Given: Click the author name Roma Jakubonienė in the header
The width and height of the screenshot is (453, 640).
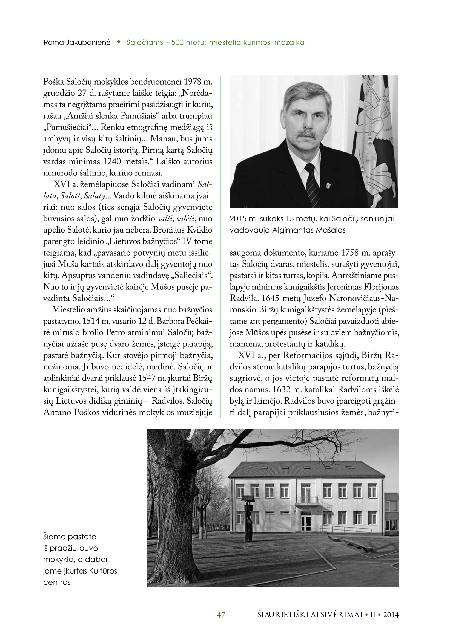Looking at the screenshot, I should tap(77, 42).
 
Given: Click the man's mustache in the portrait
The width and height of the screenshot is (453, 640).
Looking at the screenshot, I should tap(306, 135).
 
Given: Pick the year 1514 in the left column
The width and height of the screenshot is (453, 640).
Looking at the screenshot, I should tap(91, 321).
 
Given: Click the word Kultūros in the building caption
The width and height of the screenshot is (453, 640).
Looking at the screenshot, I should tap(103, 571).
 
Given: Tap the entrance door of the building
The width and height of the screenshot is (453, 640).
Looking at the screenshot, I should tap(306, 523).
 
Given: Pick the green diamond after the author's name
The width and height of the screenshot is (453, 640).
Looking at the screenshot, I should tap(119, 42).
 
